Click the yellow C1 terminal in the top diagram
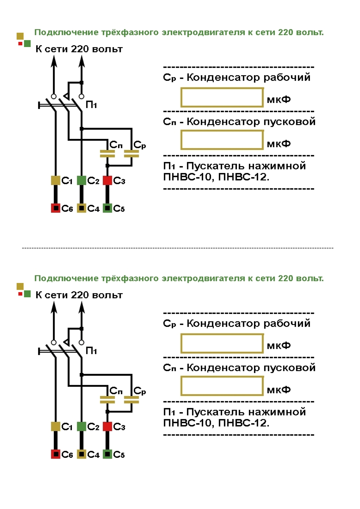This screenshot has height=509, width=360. (55, 180)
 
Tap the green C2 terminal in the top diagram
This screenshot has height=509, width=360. (82, 180)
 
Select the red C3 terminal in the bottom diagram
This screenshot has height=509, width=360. (107, 426)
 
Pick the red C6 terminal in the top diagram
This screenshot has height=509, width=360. (55, 208)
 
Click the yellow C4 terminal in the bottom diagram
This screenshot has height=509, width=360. (82, 454)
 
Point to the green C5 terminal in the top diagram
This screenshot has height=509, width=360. (107, 208)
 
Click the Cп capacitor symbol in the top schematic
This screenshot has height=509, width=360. (107, 154)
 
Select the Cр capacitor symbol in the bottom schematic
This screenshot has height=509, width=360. (132, 400)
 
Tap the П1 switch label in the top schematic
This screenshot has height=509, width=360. (91, 105)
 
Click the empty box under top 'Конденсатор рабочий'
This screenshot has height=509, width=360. (222, 98)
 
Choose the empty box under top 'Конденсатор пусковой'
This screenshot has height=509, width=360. (222, 140)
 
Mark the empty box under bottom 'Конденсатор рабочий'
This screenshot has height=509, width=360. (222, 344)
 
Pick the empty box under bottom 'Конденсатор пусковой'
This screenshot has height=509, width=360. (222, 386)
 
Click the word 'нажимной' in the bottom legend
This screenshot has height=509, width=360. (278, 412)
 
